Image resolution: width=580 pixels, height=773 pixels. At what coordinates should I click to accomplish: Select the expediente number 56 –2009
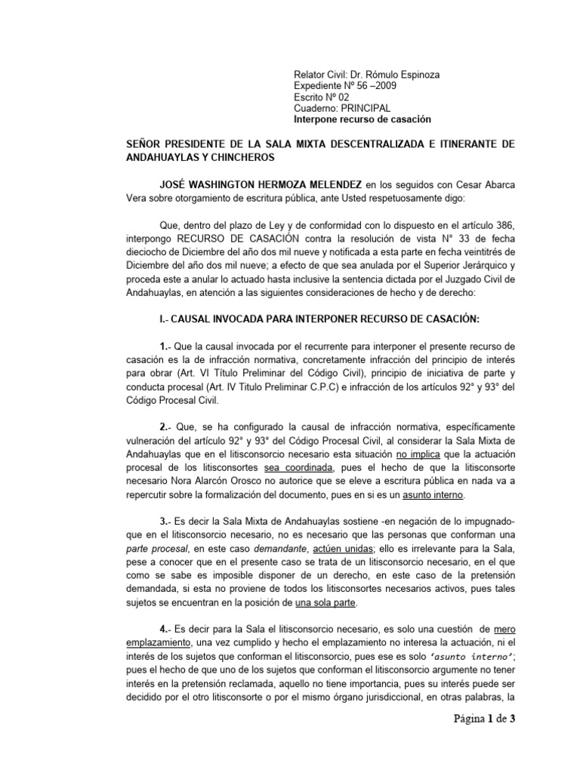coord(369,88)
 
